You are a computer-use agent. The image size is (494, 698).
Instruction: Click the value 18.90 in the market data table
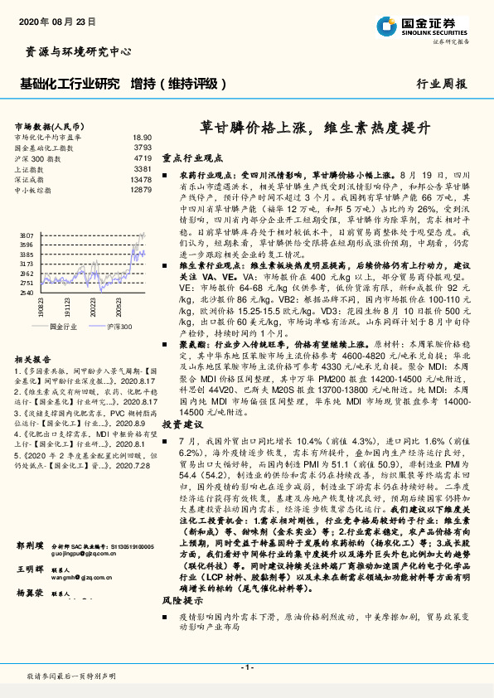coord(142,138)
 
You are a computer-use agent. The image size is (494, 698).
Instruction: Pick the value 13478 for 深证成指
coord(141,179)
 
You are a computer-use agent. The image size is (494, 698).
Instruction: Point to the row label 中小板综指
coord(33,190)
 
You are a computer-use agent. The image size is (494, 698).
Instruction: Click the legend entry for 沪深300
coord(118,327)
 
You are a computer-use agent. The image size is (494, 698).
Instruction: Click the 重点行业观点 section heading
coord(193,158)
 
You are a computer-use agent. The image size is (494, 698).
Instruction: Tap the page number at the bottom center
coord(247,667)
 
